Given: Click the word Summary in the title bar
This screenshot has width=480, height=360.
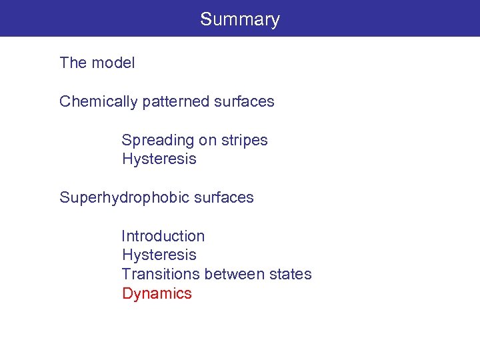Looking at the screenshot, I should pos(240,19).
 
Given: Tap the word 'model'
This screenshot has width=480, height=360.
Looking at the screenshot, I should pos(113,63).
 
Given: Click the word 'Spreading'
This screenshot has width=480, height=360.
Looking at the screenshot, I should pos(155,141).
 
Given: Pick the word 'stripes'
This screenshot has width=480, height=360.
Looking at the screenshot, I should pos(243,141).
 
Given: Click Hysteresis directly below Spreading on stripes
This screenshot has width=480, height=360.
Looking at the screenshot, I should pos(159,159).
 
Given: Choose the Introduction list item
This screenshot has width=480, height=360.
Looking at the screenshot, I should pos(163,237).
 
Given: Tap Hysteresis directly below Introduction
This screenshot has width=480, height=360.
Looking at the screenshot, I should pos(159,255).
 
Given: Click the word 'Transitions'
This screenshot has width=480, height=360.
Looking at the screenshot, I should pos(161,275).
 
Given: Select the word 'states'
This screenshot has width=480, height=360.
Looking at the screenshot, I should pos(291,275).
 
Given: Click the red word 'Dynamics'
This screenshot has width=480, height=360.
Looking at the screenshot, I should pos(157,294).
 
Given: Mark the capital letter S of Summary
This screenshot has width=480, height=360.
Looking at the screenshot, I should pos(205,19).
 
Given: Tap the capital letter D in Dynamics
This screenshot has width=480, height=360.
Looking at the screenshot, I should pos(127,294).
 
